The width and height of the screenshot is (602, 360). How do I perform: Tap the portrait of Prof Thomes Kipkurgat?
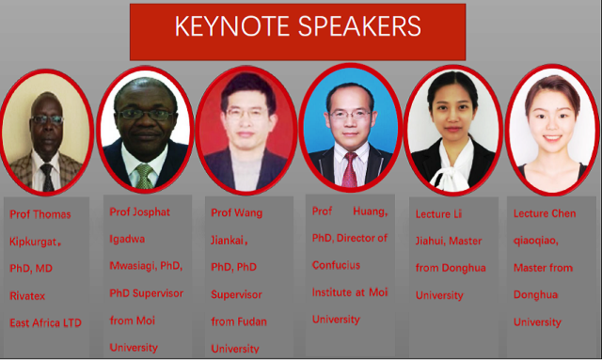(x=46, y=131)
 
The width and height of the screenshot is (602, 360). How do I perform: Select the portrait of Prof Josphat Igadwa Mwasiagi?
(x=146, y=128)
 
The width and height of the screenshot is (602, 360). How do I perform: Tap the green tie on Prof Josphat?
(x=144, y=175)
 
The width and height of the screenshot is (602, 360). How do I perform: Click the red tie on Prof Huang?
(x=350, y=169)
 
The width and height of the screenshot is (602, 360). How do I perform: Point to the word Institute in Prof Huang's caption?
(x=333, y=292)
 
